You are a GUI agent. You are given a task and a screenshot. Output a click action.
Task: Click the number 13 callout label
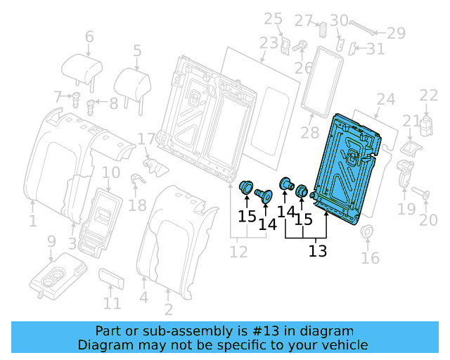(x=318, y=250)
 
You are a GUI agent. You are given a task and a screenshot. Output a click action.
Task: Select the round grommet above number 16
(x=366, y=233)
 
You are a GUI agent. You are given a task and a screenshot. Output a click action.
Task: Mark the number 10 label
(x=111, y=172)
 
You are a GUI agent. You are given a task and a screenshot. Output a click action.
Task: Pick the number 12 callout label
(x=239, y=250)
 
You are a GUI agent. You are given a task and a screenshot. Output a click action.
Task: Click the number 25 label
(x=273, y=18)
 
